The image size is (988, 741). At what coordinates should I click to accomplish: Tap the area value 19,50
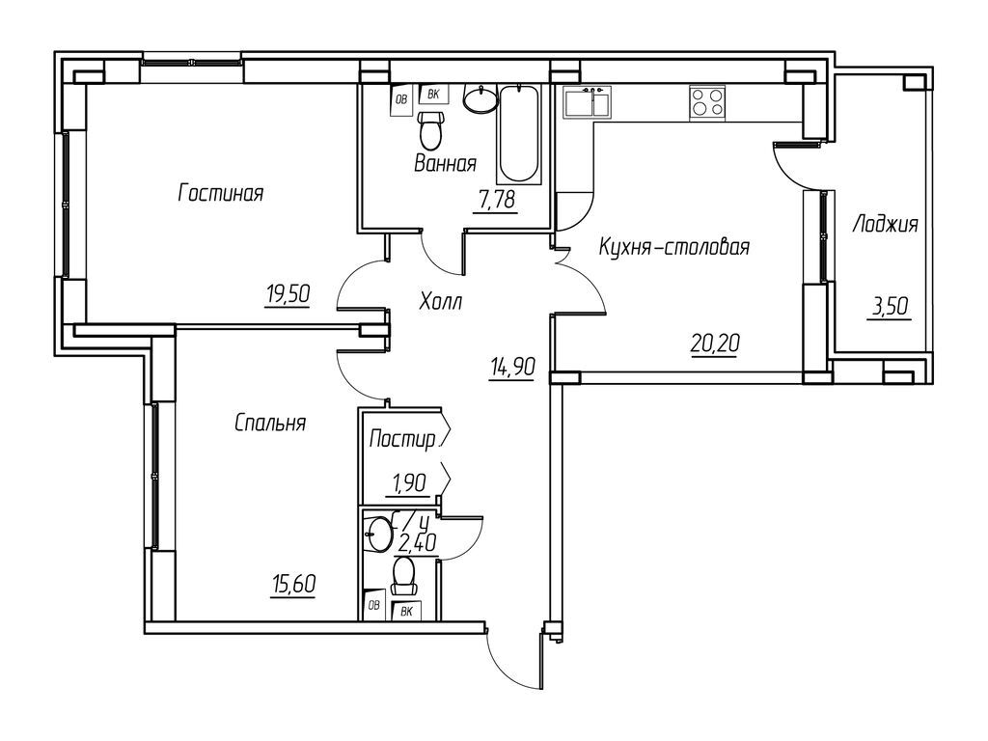pos(287,295)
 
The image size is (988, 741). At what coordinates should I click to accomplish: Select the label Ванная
pos(445,163)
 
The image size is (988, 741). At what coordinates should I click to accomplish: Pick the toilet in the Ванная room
pos(431,127)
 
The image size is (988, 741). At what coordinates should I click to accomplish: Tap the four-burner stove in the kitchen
pos(708,102)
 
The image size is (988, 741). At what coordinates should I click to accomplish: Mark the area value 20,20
pos(713,342)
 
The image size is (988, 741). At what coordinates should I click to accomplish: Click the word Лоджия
pos(885,225)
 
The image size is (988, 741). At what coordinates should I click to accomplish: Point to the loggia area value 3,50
pos(889,308)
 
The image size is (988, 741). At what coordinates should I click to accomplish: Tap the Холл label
pos(441,303)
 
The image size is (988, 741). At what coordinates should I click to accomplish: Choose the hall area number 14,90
pos(511,367)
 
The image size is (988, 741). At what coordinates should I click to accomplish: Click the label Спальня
pos(270,423)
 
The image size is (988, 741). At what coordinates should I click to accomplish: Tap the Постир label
pos(402,440)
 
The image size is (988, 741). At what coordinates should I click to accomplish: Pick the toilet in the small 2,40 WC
pos(405,574)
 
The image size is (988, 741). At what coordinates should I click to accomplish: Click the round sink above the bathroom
pos(480,98)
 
